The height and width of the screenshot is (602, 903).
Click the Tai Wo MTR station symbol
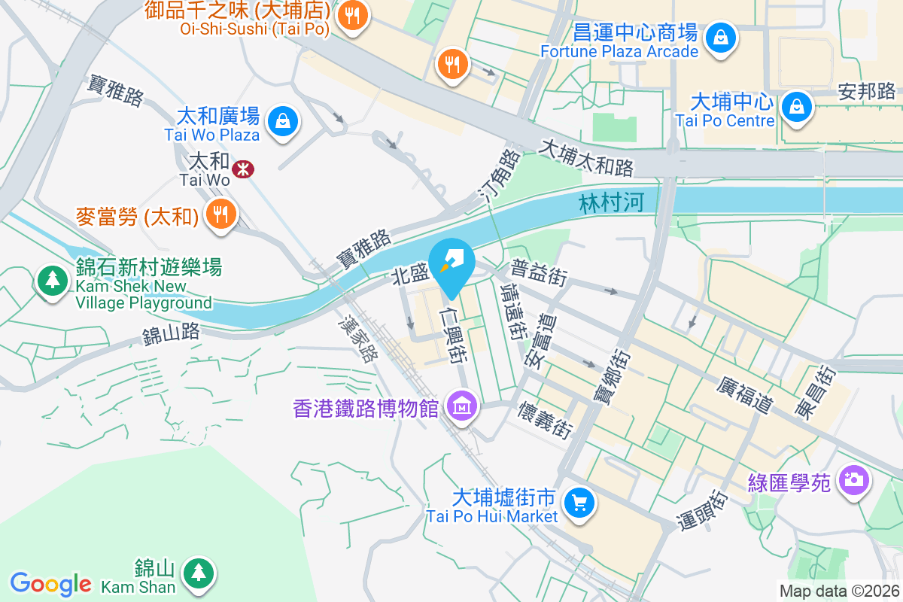coord(242,169)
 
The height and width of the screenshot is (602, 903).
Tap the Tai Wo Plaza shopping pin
coord(283,120)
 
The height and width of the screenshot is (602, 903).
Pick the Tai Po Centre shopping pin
coord(796,106)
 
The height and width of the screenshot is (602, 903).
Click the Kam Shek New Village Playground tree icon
coord(52,280)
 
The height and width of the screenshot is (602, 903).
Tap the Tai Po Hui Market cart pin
coord(579,503)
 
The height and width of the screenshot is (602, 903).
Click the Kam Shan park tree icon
coord(198,572)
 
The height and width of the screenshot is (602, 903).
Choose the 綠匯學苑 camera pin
coord(853,479)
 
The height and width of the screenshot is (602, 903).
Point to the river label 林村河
coord(612,203)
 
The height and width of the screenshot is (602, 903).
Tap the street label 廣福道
coord(746,394)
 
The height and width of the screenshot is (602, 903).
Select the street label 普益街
coord(538,273)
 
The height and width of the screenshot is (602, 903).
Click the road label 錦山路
coord(172,333)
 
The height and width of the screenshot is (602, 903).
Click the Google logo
coord(50,583)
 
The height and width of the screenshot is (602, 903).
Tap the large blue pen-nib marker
coord(451,264)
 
